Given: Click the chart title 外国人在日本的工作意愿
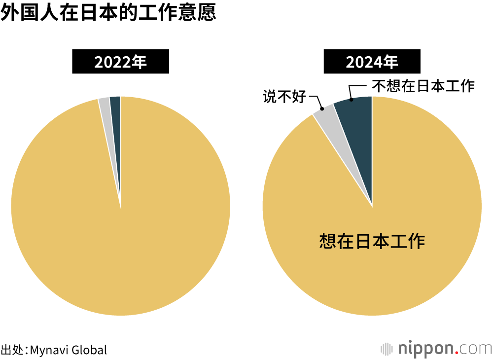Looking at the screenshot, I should [x=108, y=13].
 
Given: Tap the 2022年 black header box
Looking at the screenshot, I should [x=121, y=62].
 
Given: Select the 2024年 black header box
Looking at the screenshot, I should [x=372, y=62].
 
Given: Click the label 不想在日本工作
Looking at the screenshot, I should [x=423, y=86].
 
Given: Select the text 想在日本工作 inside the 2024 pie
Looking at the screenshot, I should [x=372, y=241].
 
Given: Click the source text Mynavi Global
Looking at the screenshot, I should [x=68, y=350].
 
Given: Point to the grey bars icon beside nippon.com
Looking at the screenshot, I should [x=387, y=348].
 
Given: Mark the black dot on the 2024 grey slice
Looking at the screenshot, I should [x=322, y=108].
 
